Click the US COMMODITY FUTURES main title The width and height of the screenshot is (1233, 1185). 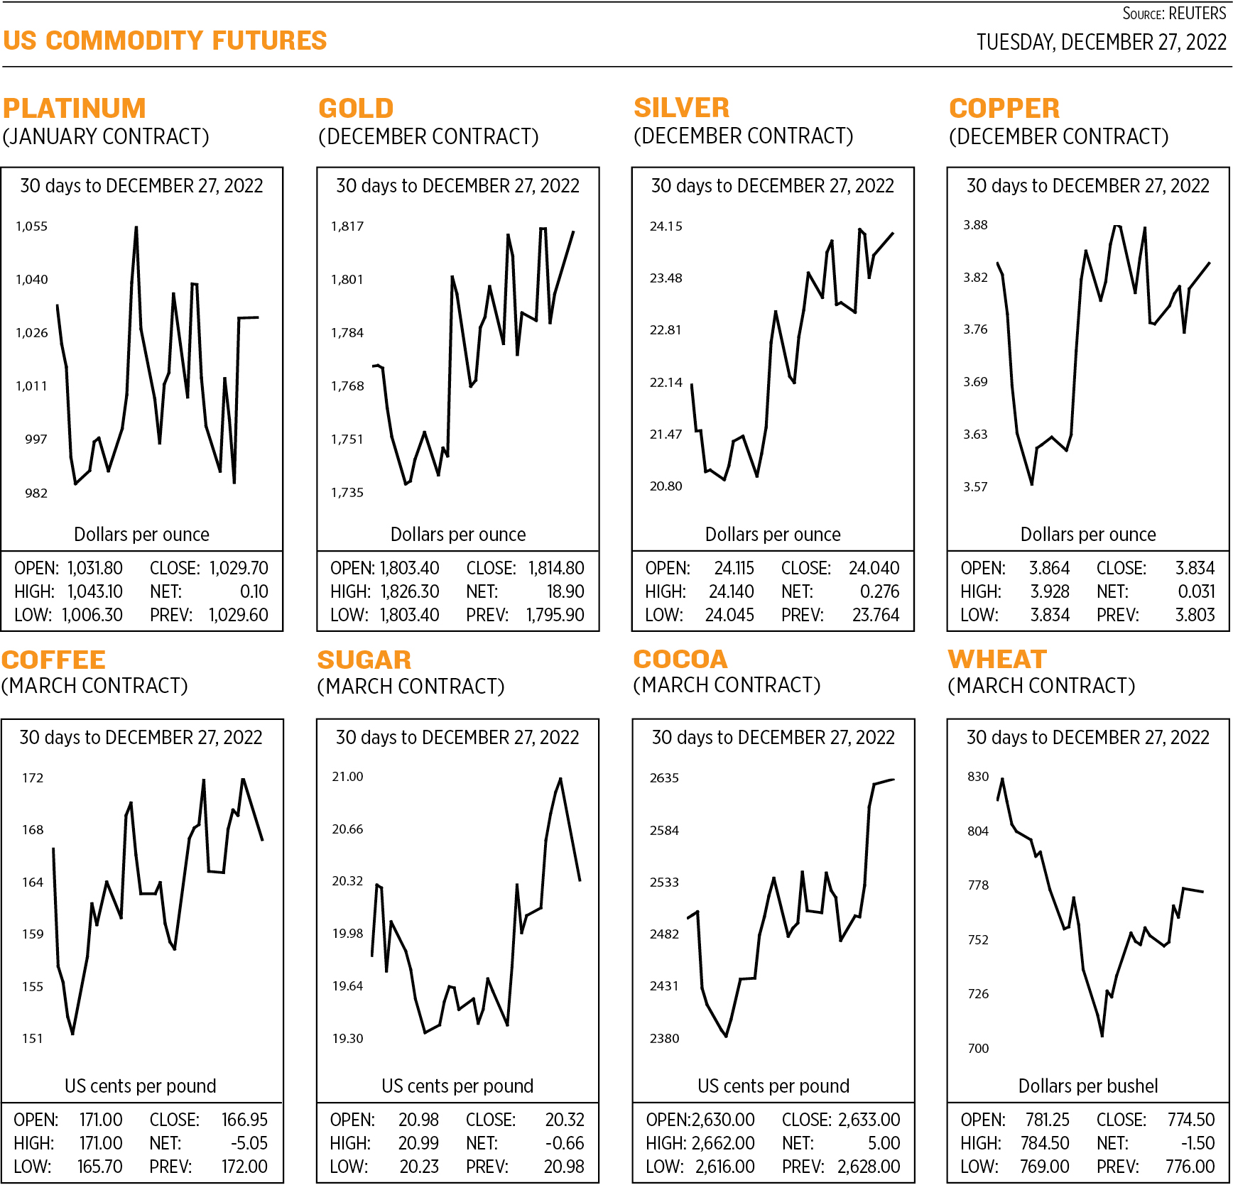point(165,40)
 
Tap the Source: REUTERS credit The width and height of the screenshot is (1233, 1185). point(1173,13)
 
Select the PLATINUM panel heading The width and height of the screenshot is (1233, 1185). point(75,108)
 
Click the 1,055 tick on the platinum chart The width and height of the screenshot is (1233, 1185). point(32,226)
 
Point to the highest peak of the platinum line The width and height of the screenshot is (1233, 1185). point(136,227)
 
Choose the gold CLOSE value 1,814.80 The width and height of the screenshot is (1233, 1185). point(555,568)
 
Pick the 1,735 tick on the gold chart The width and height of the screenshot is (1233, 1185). point(347,492)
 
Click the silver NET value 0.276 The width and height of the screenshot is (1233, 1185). point(879,591)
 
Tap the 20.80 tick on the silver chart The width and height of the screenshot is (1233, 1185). point(666,486)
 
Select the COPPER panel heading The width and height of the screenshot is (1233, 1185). point(1004,108)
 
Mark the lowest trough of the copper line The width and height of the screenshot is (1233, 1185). point(1031,484)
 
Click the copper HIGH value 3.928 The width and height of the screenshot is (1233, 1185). point(1050,591)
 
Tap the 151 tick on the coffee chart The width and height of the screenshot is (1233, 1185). point(33,1039)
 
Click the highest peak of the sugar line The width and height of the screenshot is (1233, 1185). point(561,779)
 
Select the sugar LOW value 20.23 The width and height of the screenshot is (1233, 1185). point(419,1167)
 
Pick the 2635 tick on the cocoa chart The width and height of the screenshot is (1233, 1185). point(664,778)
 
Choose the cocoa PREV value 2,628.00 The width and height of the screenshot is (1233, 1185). point(869,1167)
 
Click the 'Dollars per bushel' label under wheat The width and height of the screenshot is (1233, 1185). point(1088,1086)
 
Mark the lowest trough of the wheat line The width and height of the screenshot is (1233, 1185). point(1102,1036)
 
